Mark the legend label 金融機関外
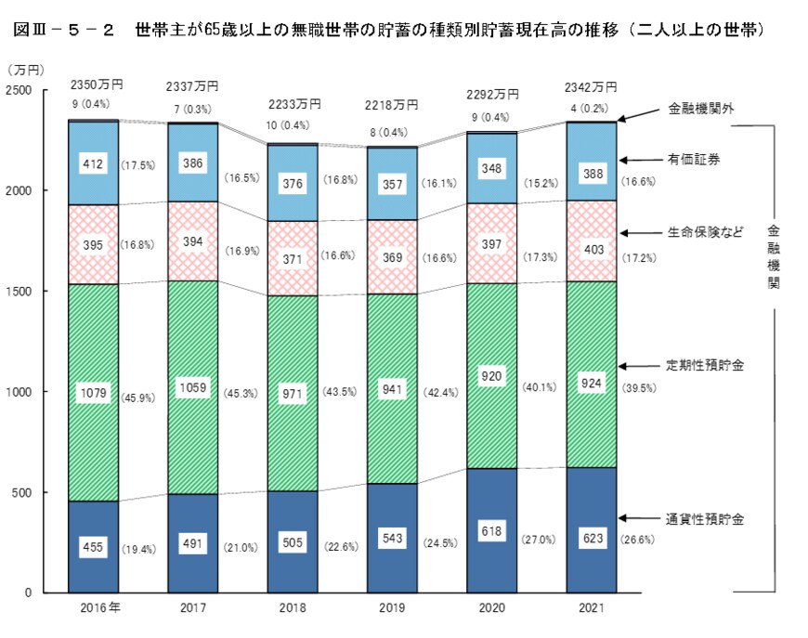pyautogui.click(x=701, y=109)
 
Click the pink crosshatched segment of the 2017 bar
pyautogui.click(x=192, y=241)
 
